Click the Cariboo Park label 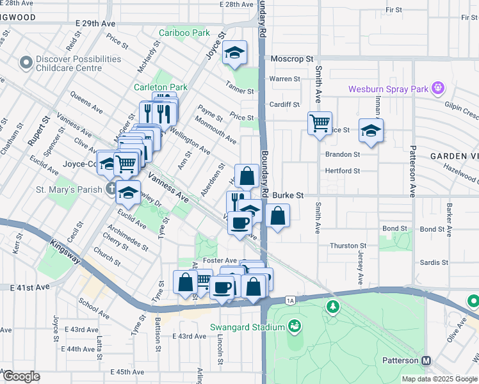184,33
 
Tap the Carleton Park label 160,87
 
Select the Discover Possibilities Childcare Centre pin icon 26,63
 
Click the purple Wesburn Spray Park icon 438,88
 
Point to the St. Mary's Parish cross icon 111,189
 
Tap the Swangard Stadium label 247,328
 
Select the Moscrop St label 290,58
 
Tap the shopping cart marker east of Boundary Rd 320,122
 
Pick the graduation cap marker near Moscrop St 235,53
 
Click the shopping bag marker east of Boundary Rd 277,216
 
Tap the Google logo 21,376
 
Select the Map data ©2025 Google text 439,379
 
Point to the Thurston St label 347,246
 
